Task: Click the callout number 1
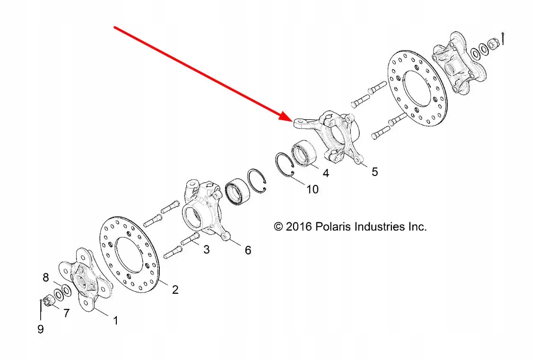point(115,321)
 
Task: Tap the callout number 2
point(175,290)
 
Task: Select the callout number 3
point(206,249)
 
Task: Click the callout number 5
point(374,171)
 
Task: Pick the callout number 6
point(248,250)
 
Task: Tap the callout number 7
point(66,313)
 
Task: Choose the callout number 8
point(46,278)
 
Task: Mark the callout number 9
point(41,329)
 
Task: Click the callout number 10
point(312,189)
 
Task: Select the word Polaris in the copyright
point(333,227)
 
